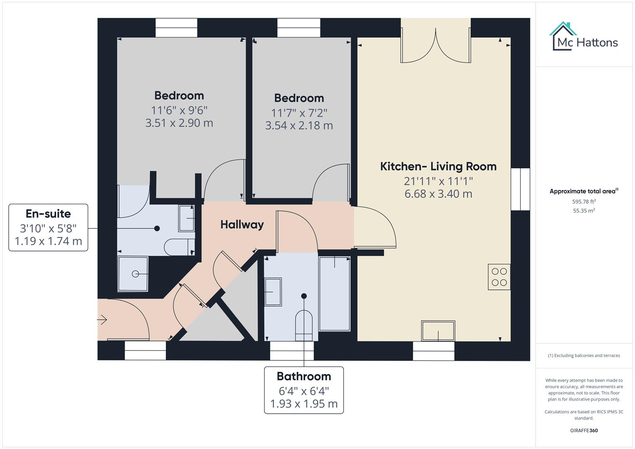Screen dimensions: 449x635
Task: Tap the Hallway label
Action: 242,224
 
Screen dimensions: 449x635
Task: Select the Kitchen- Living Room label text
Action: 438,166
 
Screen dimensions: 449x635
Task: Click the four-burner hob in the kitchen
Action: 499,277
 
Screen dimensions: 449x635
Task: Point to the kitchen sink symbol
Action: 438,331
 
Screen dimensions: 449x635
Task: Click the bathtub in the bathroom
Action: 334,294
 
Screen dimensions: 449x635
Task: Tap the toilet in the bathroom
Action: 304,322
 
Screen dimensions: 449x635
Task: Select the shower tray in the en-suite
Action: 133,274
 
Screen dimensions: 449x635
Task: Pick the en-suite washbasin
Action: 186,218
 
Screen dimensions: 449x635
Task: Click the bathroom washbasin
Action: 273,292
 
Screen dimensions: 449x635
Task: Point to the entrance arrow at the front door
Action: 102,320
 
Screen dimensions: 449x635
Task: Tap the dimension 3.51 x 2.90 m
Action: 179,123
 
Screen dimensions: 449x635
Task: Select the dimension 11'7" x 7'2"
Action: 299,113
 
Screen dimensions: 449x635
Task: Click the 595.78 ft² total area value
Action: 584,202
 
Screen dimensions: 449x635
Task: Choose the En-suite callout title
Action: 48,214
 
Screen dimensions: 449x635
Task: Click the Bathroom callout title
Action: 304,376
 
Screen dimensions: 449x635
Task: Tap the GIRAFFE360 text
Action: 584,430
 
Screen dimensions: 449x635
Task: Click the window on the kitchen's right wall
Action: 520,189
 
